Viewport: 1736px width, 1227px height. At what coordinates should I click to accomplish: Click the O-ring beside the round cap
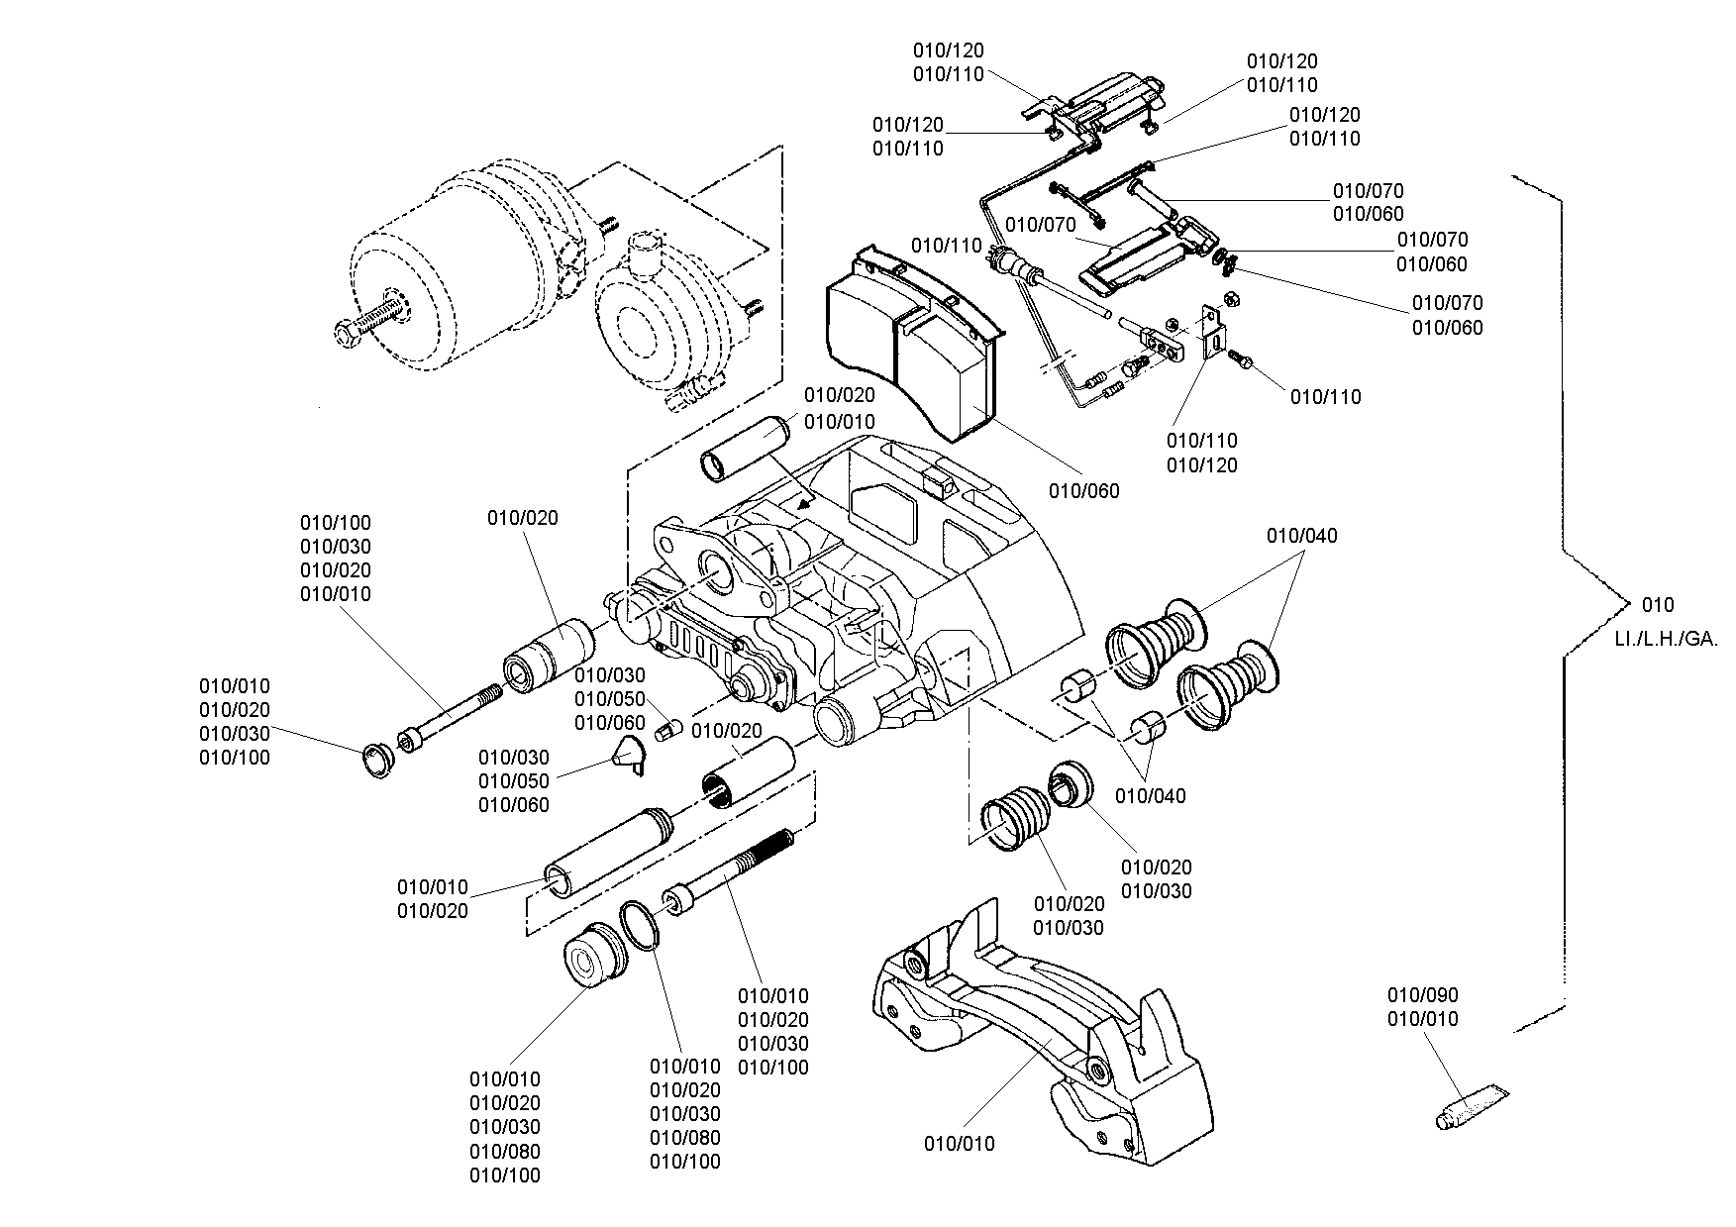tap(640, 926)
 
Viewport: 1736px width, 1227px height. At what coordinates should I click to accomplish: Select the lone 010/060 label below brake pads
tap(1084, 490)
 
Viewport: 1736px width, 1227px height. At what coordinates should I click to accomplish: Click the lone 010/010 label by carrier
tap(960, 1144)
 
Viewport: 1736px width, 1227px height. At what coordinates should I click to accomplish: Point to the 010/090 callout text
tap(1423, 994)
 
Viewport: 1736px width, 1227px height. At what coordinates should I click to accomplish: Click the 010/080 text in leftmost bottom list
tap(505, 1151)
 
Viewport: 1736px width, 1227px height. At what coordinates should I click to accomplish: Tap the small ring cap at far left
tap(377, 759)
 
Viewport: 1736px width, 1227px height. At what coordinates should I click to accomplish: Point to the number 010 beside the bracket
tap(1658, 605)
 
